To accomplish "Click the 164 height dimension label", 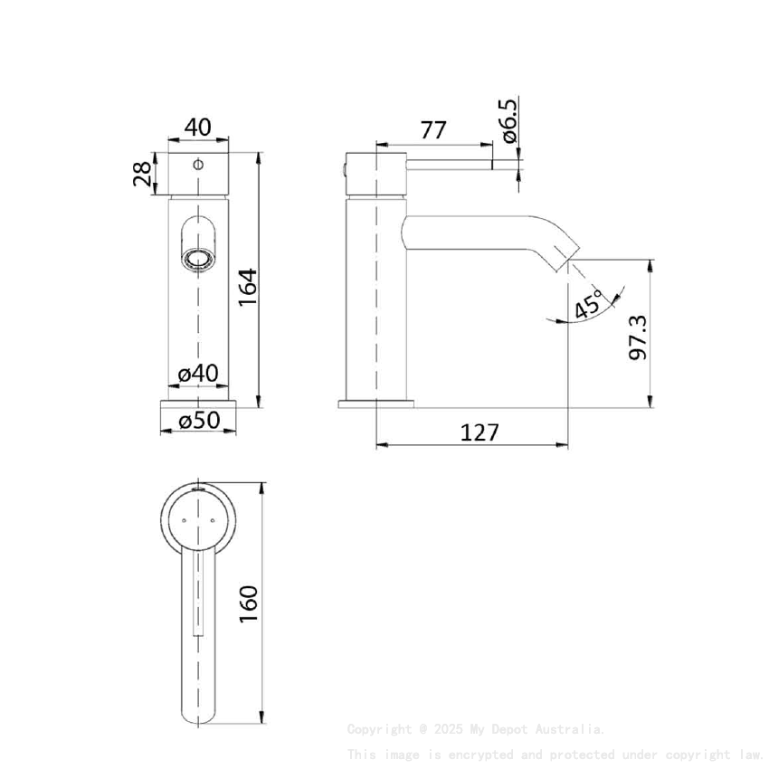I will pyautogui.click(x=248, y=288).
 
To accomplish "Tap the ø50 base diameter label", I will pyautogui.click(x=197, y=421).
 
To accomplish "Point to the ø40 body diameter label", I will pyautogui.click(x=197, y=373).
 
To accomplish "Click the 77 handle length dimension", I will pyautogui.click(x=433, y=130).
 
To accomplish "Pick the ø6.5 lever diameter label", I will pyautogui.click(x=508, y=121).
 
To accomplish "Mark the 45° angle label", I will pyautogui.click(x=588, y=306).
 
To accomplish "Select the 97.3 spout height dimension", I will pyautogui.click(x=639, y=337).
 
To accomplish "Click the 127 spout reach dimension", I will pyautogui.click(x=479, y=432).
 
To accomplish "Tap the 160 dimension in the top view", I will pyautogui.click(x=248, y=603).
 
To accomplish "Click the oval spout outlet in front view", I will pyautogui.click(x=197, y=260).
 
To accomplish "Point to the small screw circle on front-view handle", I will pyautogui.click(x=198, y=166).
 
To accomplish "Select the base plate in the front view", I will pyautogui.click(x=198, y=402).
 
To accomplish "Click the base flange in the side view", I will pyautogui.click(x=375, y=402).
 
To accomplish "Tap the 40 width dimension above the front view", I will pyautogui.click(x=197, y=128).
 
